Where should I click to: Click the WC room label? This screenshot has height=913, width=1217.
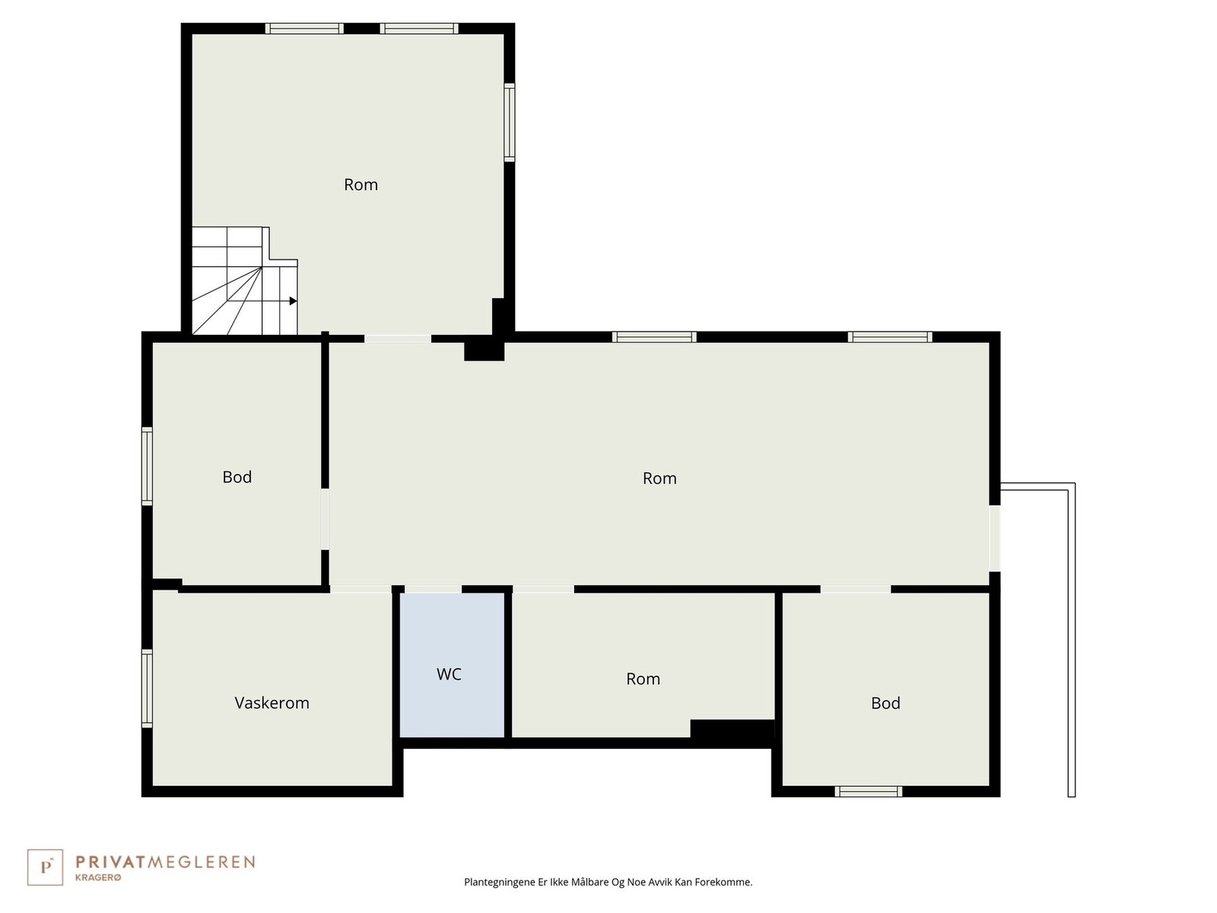(449, 674)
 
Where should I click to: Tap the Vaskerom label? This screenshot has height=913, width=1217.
(272, 703)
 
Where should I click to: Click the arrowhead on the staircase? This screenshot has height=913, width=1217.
(293, 301)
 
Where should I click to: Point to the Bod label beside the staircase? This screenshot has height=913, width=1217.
(237, 477)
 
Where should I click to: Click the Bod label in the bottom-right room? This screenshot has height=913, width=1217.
(885, 703)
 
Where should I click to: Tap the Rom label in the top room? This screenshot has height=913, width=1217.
(361, 185)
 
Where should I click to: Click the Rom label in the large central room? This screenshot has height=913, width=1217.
(659, 479)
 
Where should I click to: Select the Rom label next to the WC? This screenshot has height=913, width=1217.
(643, 679)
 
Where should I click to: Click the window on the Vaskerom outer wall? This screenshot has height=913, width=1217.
(148, 688)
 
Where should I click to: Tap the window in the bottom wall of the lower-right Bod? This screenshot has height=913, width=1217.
(868, 792)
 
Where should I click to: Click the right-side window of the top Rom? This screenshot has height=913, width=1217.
(510, 122)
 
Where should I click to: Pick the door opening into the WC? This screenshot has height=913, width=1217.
(433, 589)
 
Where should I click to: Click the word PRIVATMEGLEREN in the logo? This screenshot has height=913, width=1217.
(165, 862)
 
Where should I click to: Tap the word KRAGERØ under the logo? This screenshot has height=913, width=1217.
(98, 878)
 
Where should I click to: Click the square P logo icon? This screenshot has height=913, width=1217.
(45, 867)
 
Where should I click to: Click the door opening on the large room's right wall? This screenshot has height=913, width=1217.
(995, 538)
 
